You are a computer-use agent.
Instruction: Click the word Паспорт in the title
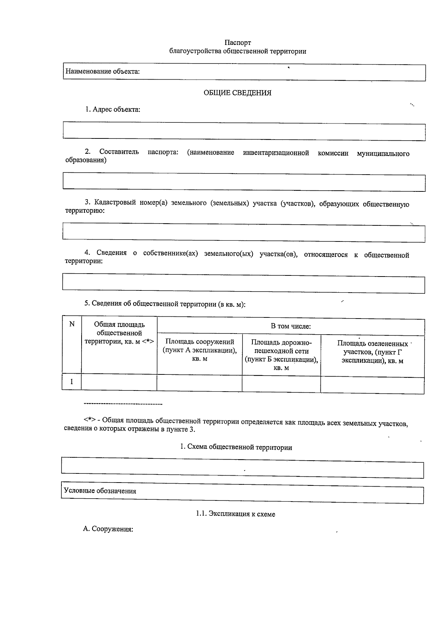(x=238, y=43)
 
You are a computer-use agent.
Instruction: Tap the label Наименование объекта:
(x=102, y=72)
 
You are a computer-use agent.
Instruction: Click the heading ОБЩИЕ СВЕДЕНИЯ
(x=237, y=93)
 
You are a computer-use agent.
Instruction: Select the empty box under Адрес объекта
(x=244, y=132)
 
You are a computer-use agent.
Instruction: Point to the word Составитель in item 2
(x=119, y=152)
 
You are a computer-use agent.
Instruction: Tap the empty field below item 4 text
(x=244, y=285)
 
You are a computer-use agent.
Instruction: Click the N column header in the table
(x=72, y=324)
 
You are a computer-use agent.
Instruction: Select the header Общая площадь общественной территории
(x=119, y=333)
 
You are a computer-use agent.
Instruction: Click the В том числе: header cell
(x=290, y=326)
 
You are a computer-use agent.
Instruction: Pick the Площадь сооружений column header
(x=200, y=350)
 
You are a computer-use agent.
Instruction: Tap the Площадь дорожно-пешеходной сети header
(x=281, y=355)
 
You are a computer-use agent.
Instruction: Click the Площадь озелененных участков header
(x=372, y=352)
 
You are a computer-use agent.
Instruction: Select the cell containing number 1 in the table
(x=72, y=382)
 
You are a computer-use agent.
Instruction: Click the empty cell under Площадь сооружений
(x=200, y=383)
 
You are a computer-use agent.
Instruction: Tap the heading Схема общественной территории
(x=236, y=447)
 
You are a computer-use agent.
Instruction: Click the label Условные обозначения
(x=100, y=491)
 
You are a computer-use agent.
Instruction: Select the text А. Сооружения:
(x=108, y=529)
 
